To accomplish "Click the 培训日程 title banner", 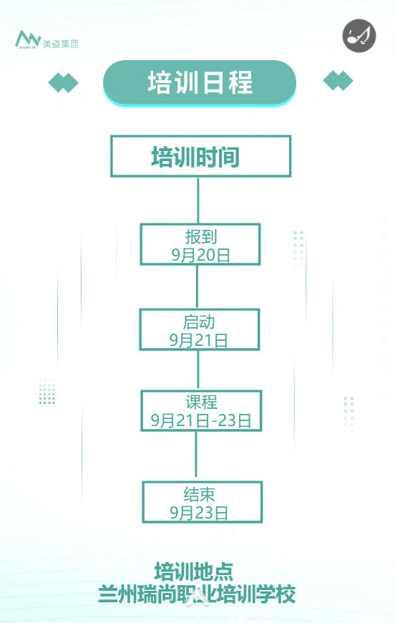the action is tap(199, 82).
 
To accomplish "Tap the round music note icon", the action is tap(359, 35).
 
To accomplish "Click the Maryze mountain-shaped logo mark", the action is tap(28, 39).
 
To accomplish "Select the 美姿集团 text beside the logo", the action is tap(60, 44).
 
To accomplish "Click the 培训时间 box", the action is tap(200, 156).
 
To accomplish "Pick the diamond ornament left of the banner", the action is tap(63, 82).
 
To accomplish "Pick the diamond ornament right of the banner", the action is tap(338, 81).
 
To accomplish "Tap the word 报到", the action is tap(201, 236).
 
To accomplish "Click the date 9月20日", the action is tap(200, 255).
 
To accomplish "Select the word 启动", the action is tap(199, 322).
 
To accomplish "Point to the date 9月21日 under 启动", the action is tap(198, 340).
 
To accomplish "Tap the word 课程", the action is tap(201, 402).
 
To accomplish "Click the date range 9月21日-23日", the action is tap(201, 420).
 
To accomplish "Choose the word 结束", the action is tap(199, 494).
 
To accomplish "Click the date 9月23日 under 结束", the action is tap(199, 513).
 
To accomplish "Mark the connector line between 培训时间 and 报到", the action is tap(198, 201).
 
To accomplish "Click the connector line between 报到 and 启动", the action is tap(197, 287).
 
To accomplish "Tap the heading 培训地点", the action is tap(194, 571).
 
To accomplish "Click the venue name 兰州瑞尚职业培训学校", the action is tap(197, 594).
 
